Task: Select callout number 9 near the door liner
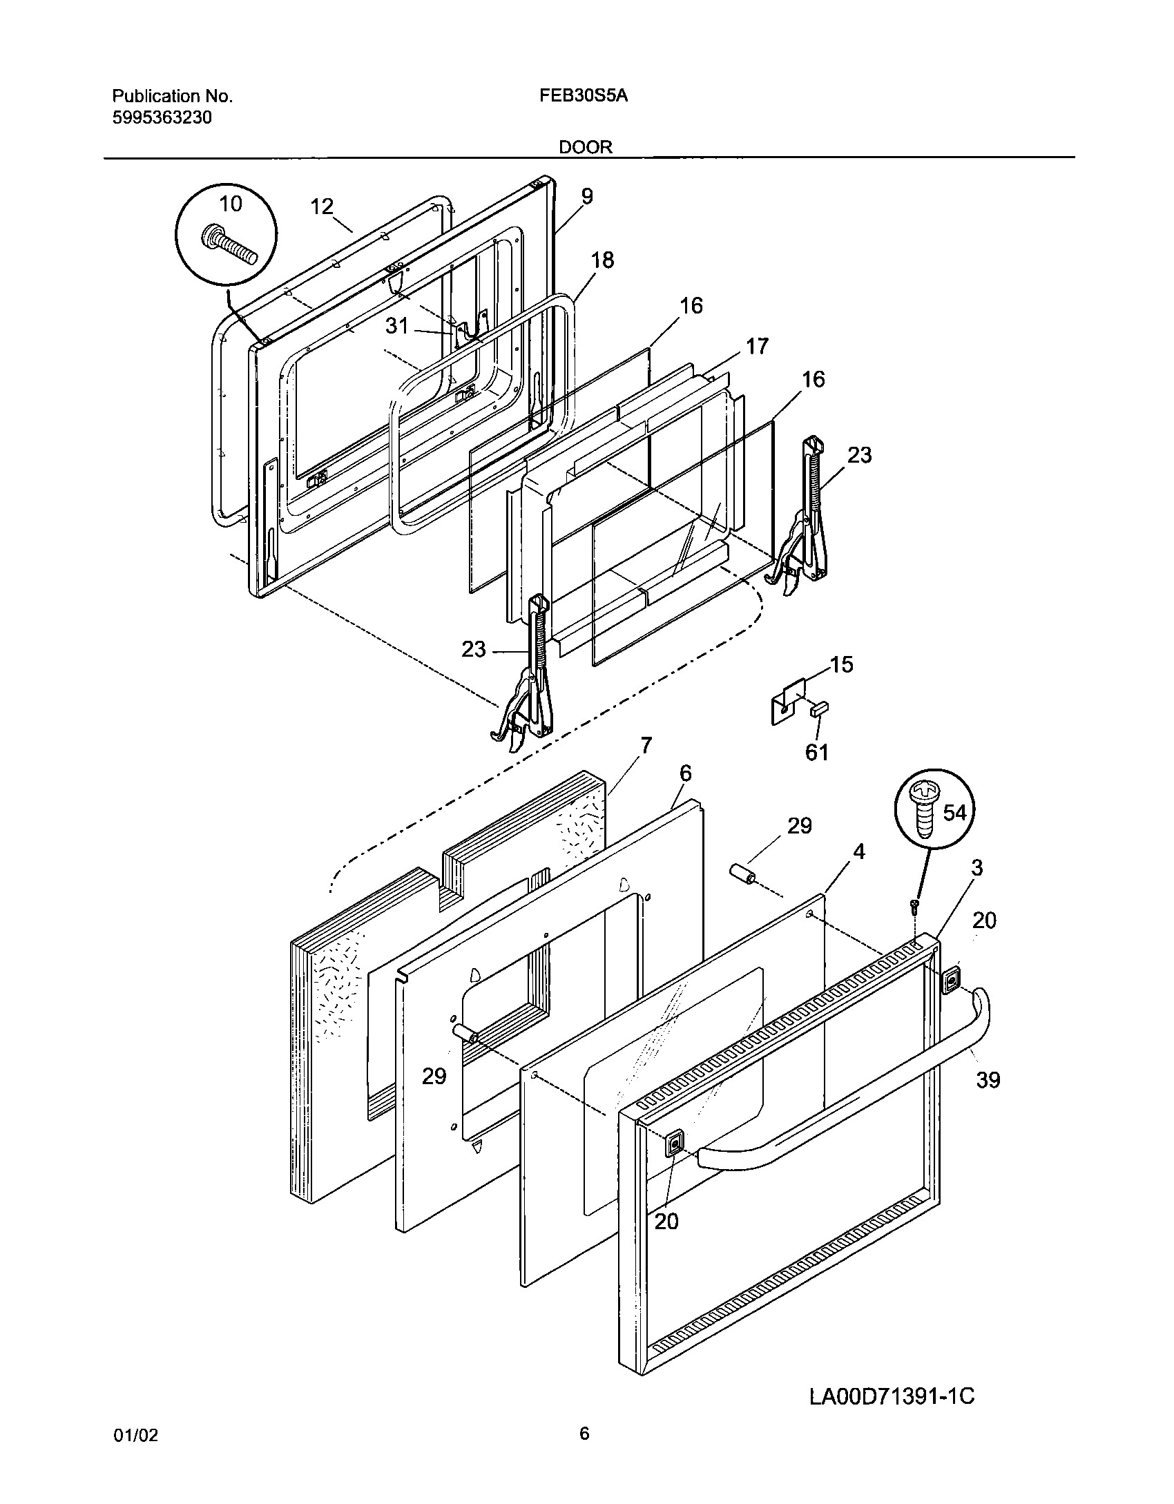click(586, 197)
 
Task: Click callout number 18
click(602, 260)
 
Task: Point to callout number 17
click(758, 346)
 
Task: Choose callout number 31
click(397, 325)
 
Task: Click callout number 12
click(322, 206)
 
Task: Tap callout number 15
click(842, 664)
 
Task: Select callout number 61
click(817, 752)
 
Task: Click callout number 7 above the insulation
click(646, 746)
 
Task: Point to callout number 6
click(685, 773)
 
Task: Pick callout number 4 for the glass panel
click(858, 852)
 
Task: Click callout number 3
click(976, 868)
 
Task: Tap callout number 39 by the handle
click(988, 1079)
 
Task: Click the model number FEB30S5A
click(584, 96)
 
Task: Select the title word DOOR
click(586, 147)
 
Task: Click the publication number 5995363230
click(162, 117)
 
